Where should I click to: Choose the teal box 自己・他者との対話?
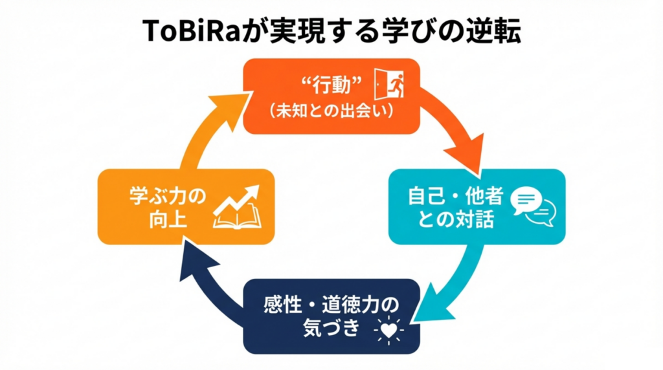coord(476,207)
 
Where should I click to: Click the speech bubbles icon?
coord(532,207)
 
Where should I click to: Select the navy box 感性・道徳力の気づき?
coord(331,315)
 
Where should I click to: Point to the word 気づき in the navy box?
coord(330,328)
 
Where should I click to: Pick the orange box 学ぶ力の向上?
coord(185,206)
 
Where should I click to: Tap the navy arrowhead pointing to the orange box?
coord(194,259)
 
